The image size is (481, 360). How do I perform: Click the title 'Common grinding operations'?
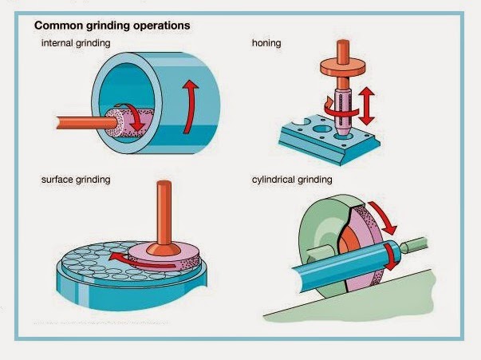tap(112, 26)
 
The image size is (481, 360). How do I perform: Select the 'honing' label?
tap(266, 42)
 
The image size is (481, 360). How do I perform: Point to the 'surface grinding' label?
tap(75, 180)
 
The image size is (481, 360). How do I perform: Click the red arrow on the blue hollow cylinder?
tap(188, 104)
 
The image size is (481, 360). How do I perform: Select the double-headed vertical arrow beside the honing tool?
tap(369, 105)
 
